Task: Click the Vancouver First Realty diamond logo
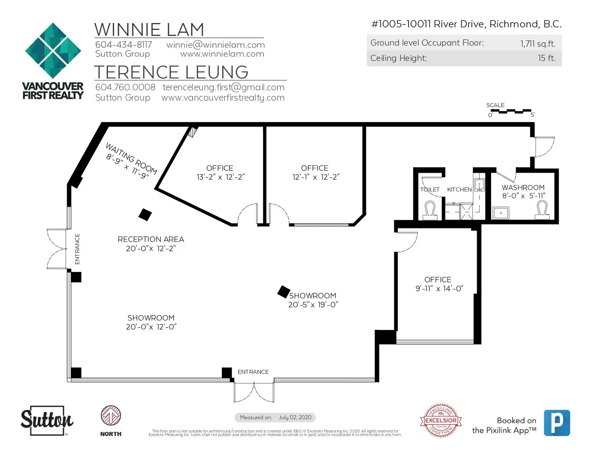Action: pos(53,50)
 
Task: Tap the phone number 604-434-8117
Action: pos(124,45)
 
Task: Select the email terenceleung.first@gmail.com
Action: pos(223,87)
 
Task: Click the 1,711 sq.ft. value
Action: pos(538,44)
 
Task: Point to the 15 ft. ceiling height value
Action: pos(547,58)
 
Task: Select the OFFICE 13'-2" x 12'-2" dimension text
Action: pos(221,177)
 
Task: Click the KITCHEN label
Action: pos(459,190)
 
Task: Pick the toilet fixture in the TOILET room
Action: pos(430,210)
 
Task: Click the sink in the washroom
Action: pos(501,213)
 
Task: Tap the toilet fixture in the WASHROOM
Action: pos(542,210)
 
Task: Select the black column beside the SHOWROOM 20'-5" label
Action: pos(284,292)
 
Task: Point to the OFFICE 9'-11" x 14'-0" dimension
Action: pos(439,289)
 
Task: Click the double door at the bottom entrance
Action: pos(254,392)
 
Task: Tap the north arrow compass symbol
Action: pos(111,415)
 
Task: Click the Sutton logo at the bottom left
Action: pos(47,421)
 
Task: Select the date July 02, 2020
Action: pos(295,417)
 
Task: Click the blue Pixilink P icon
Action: pos(557,423)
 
